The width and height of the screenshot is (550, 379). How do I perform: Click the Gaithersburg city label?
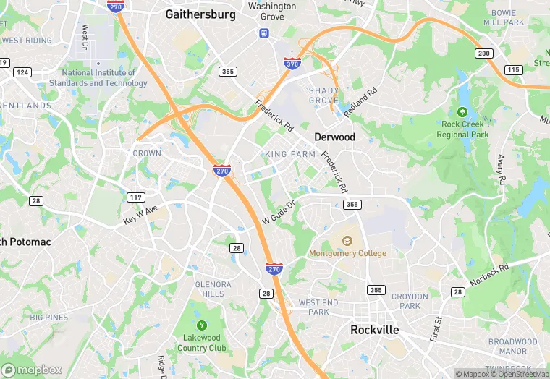point(200,14)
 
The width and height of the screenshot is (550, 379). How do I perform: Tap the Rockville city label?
point(374,329)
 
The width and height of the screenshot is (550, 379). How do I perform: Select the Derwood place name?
point(334,137)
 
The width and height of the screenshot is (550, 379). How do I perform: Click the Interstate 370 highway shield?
point(292,64)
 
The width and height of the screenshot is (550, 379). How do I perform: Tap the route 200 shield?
point(483,54)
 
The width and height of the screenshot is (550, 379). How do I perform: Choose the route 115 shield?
point(513,69)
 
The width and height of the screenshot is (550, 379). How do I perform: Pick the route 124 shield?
point(23,72)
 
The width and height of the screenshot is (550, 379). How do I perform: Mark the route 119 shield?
point(135,197)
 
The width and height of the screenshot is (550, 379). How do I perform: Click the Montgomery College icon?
point(347,241)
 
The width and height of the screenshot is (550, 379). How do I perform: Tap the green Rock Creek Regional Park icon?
point(462,112)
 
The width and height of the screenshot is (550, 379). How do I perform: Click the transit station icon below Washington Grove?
point(264,33)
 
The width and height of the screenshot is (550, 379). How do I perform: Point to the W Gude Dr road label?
point(279,211)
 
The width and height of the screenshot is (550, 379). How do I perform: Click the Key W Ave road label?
point(140,214)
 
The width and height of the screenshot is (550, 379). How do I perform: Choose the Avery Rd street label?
point(501,169)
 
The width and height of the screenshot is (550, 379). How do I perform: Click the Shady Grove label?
point(323,95)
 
